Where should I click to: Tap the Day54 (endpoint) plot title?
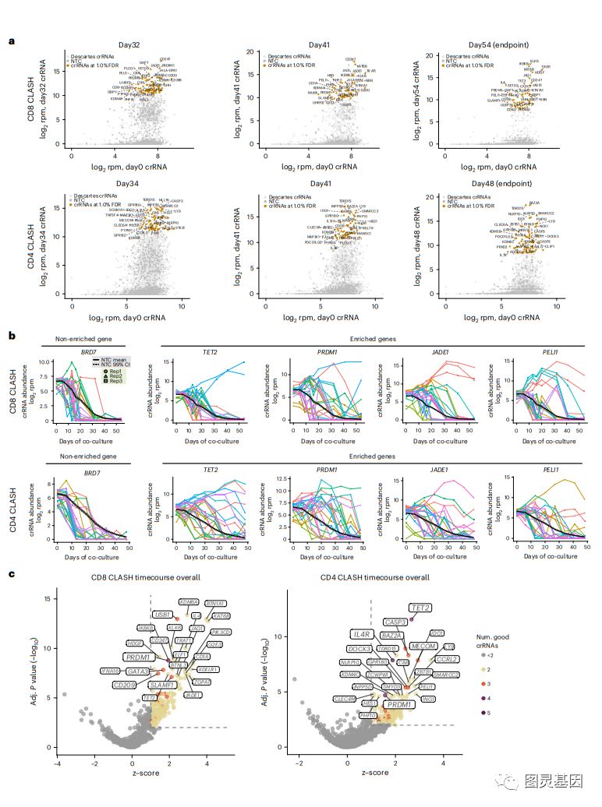500,45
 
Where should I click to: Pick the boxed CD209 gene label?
125,685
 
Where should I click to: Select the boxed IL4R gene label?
361,634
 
